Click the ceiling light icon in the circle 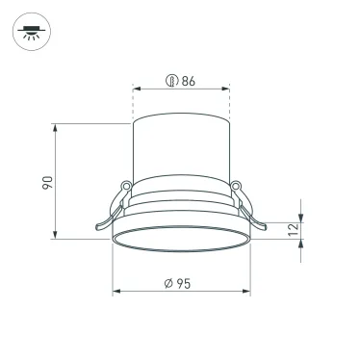(x=35, y=35)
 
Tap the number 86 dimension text (x=188, y=81)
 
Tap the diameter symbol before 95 (x=167, y=282)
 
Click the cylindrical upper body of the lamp (x=181, y=149)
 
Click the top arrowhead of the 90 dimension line (x=59, y=127)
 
